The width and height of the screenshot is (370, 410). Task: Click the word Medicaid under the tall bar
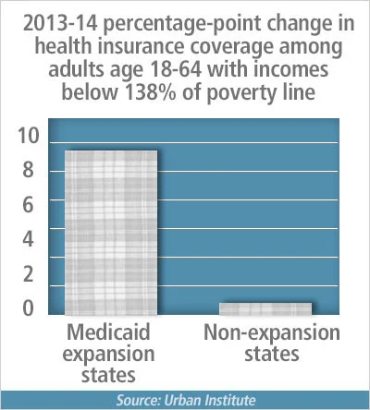tap(109, 332)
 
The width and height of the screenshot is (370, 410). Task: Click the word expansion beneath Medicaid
tap(109, 354)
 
